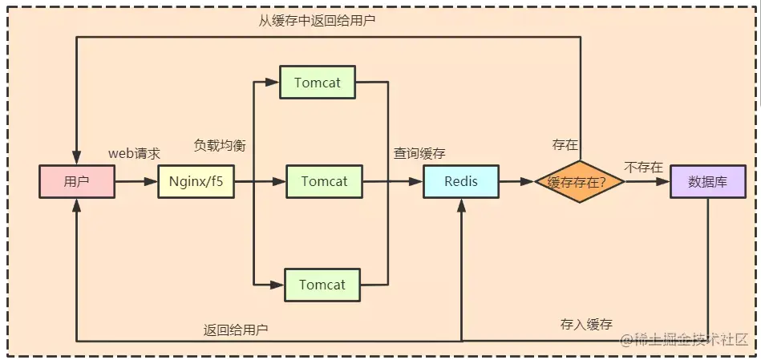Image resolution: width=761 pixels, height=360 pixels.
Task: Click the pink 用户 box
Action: click(77, 181)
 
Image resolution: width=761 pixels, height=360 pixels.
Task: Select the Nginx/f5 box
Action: click(196, 181)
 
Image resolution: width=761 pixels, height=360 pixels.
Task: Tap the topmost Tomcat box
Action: click(318, 83)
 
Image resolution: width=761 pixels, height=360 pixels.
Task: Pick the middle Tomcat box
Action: click(324, 181)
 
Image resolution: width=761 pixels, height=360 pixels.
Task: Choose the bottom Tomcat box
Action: click(322, 285)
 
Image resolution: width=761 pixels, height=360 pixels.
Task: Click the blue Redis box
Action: click(461, 181)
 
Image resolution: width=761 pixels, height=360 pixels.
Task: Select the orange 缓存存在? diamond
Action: click(580, 181)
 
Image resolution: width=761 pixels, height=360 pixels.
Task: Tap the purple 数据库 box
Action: click(708, 181)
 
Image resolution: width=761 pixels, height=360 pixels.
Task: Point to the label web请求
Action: click(134, 153)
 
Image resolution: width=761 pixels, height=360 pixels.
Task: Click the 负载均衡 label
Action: click(220, 146)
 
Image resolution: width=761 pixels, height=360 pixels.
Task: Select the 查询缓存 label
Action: click(420, 153)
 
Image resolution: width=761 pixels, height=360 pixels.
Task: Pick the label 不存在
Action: click(643, 168)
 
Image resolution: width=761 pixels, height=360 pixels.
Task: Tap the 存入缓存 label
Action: click(586, 324)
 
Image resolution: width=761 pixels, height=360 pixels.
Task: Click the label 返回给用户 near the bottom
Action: click(236, 330)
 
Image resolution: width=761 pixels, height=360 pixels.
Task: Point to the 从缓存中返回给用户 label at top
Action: click(317, 21)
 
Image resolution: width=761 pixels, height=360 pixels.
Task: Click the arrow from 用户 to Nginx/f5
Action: click(136, 181)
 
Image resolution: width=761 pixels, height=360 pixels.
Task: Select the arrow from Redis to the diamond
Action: click(517, 181)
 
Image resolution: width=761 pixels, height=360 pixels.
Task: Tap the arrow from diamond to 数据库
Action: click(648, 181)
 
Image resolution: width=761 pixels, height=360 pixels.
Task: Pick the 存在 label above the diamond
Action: click(565, 144)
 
